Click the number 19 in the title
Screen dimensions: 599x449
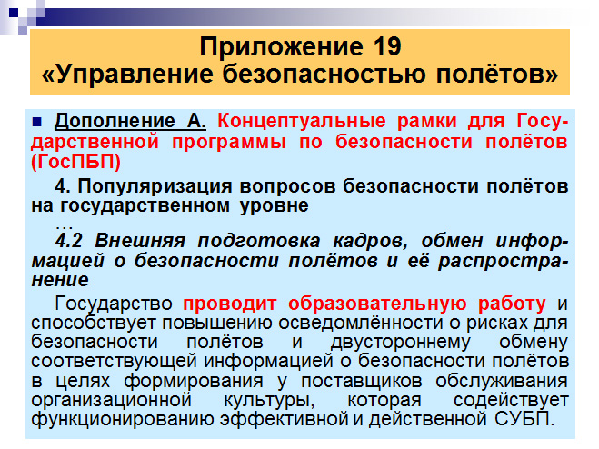point(385,46)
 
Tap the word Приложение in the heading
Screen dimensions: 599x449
point(281,48)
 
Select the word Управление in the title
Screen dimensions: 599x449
point(135,75)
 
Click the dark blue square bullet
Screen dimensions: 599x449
point(37,122)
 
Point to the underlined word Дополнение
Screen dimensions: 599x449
point(115,122)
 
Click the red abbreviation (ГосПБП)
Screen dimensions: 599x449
point(76,161)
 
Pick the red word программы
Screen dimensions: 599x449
point(229,143)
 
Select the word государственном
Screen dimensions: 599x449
point(145,206)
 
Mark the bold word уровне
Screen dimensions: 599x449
point(275,206)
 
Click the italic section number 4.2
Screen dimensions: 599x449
point(69,241)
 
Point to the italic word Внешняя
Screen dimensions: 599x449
point(140,241)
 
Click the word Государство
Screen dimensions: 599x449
point(114,304)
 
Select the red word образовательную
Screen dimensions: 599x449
point(377,304)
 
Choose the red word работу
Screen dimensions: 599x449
point(512,304)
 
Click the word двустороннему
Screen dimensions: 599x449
point(400,343)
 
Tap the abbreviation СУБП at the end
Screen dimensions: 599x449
point(524,419)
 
